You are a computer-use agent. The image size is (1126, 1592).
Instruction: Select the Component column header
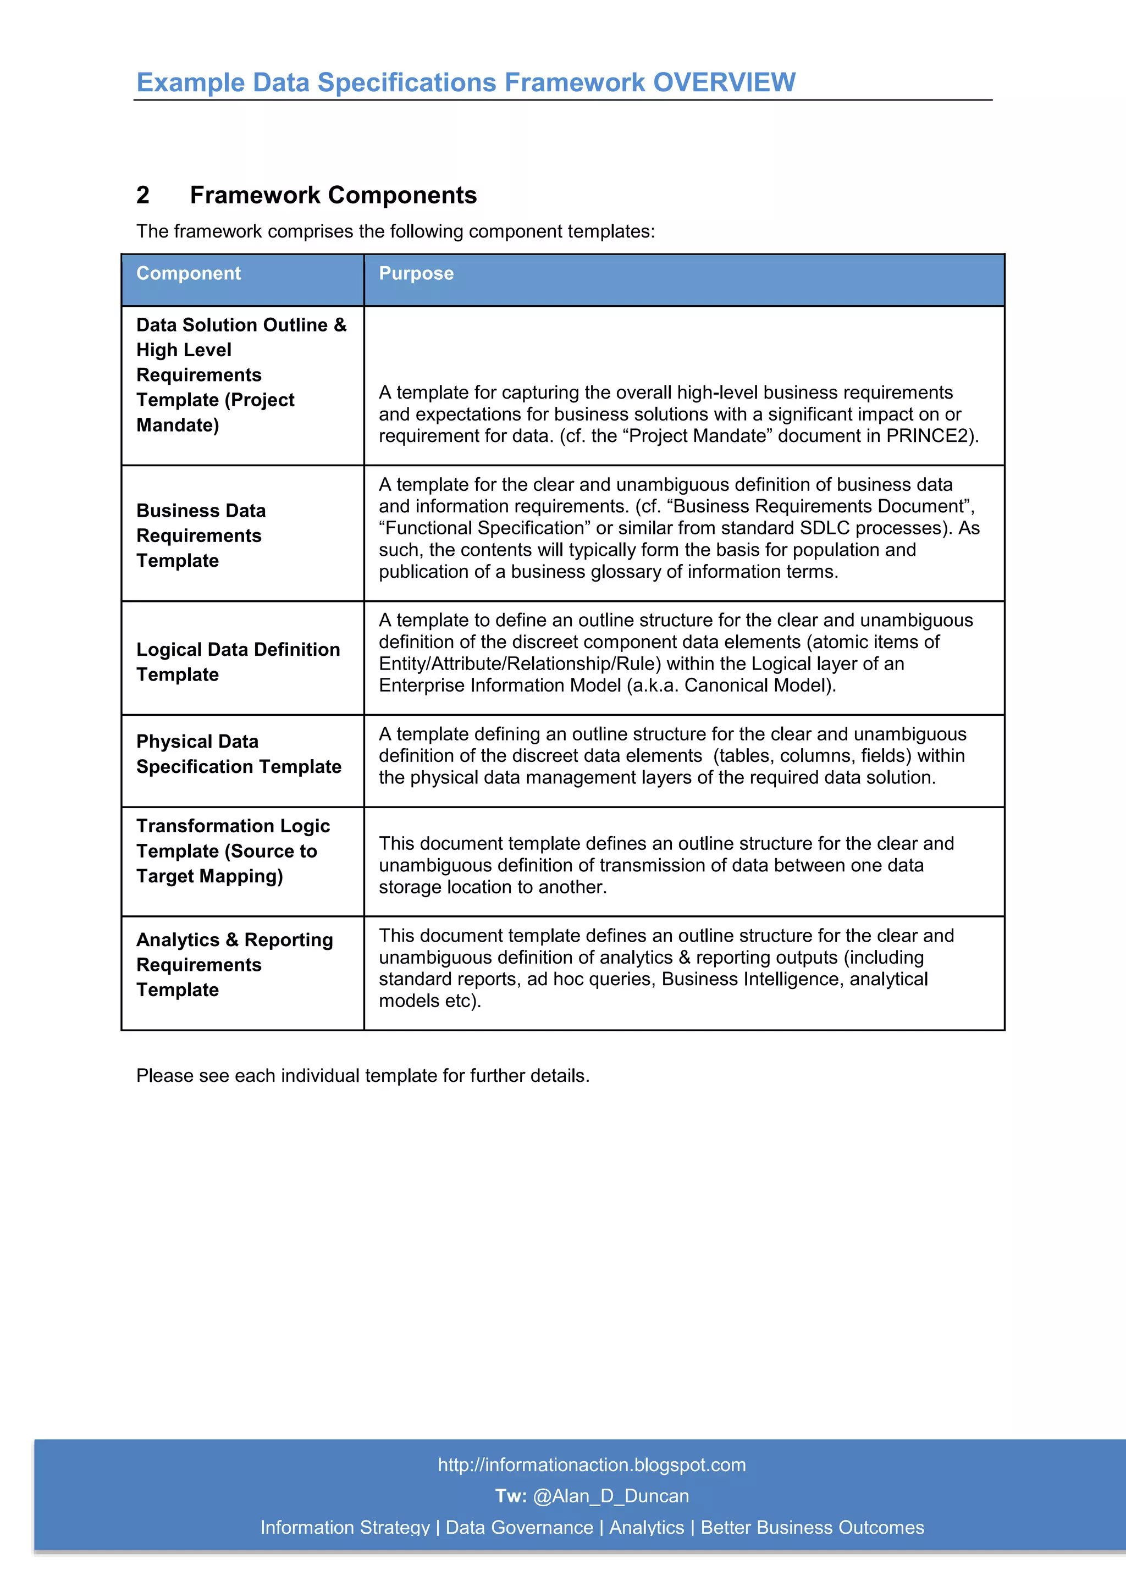189,273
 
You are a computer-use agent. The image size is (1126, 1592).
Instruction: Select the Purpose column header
416,273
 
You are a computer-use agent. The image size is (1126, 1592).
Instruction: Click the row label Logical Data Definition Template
238,661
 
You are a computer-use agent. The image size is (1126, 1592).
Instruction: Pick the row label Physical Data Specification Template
239,754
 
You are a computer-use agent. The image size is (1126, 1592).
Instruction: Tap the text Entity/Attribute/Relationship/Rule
517,664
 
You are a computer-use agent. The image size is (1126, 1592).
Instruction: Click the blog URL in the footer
592,1464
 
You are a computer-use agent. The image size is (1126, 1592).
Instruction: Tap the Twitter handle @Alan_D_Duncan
611,1496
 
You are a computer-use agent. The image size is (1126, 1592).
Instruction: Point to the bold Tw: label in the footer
510,1496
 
